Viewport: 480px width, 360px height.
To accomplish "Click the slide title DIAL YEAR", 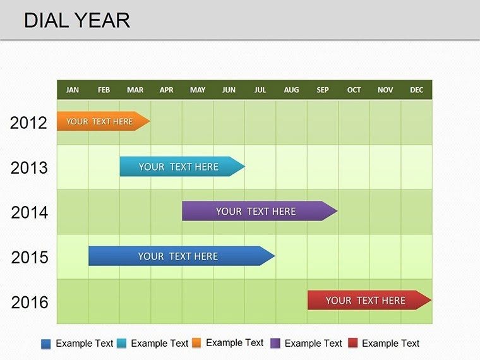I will coord(77,20).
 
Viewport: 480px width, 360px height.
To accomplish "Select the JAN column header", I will coord(73,90).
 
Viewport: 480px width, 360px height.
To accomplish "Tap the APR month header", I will coord(166,90).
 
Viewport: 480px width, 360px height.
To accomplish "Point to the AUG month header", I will coord(291,90).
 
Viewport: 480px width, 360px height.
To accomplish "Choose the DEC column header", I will coord(416,90).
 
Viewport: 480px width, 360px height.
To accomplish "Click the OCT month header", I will coord(354,90).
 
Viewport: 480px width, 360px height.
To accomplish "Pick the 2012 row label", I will coord(29,123).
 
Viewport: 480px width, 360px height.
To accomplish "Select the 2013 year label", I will coord(29,167).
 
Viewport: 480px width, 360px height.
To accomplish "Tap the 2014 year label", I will coord(29,212).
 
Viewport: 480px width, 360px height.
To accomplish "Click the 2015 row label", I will coord(29,257).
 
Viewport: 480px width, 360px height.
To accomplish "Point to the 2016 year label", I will coord(29,302).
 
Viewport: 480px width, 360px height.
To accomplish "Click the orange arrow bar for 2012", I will coord(101,121).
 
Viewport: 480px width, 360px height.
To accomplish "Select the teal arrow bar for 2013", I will coord(180,167).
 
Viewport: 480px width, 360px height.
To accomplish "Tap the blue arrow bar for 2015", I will coord(179,256).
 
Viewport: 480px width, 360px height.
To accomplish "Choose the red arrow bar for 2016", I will coord(366,301).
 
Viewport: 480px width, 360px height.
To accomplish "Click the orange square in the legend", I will coord(196,343).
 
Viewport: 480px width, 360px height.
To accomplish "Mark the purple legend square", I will coord(275,344).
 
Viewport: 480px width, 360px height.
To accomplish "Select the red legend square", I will coord(353,344).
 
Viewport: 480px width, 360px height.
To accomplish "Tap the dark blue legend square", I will coord(45,344).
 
